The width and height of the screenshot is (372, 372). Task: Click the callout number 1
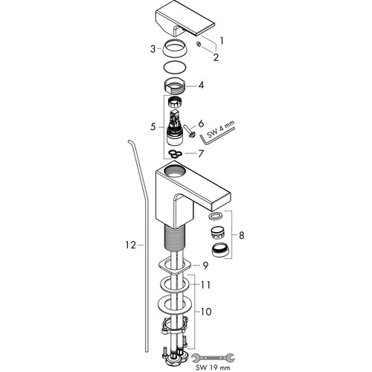[222, 41]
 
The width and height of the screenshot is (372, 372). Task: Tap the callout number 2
[216, 57]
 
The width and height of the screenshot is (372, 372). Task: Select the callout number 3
[153, 49]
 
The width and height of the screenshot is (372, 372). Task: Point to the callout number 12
[131, 246]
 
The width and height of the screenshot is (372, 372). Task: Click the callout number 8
[241, 235]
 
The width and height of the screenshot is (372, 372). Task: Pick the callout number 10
[206, 312]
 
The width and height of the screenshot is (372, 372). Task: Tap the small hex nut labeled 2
[198, 44]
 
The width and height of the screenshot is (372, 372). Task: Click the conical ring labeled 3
[175, 48]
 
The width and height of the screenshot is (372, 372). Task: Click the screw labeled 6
[190, 131]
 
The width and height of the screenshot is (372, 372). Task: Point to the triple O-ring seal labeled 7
[175, 154]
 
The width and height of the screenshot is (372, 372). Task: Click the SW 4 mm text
[220, 130]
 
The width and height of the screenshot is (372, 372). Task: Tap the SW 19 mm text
[213, 368]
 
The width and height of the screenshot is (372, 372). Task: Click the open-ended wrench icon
[214, 358]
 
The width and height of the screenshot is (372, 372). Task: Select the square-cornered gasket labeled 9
[175, 266]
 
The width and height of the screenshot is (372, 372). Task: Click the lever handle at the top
[185, 24]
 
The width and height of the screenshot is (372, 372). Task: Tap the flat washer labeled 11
[175, 284]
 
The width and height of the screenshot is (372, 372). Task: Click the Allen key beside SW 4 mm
[218, 136]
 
